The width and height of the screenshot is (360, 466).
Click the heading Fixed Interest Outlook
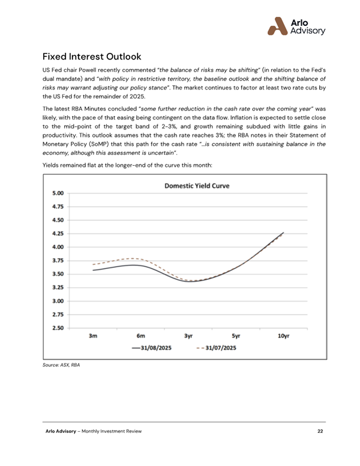(92, 57)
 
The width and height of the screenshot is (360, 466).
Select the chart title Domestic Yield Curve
(197, 186)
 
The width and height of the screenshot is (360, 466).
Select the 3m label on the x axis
(93, 336)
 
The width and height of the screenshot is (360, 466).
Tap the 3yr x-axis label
(188, 336)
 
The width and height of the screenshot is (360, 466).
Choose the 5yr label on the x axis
(236, 336)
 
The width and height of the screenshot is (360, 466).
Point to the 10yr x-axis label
(284, 336)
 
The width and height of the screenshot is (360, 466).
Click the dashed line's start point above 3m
(93, 264)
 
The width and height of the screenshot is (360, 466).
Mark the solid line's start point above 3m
(93, 270)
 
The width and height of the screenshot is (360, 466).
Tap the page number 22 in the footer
(321, 432)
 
